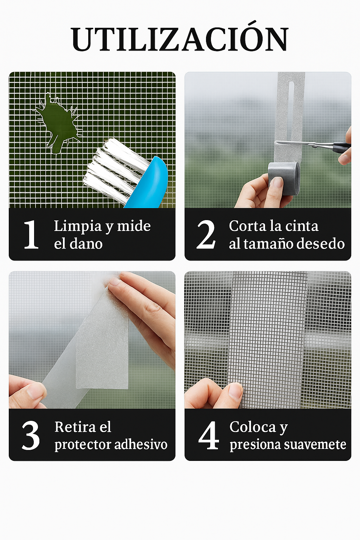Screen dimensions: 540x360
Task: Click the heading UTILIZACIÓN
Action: pos(180,39)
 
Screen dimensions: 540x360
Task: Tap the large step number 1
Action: pos(31,234)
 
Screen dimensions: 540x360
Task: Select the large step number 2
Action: pos(206,234)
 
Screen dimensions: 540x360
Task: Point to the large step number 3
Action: pos(31,436)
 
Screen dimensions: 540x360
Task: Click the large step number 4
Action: pos(208,436)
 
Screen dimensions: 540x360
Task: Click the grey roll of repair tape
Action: pos(284,178)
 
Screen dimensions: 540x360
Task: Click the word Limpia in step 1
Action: pos(78,226)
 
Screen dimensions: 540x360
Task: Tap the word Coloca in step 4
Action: pos(252,427)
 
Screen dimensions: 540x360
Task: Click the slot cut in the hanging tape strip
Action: pos(291,105)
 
